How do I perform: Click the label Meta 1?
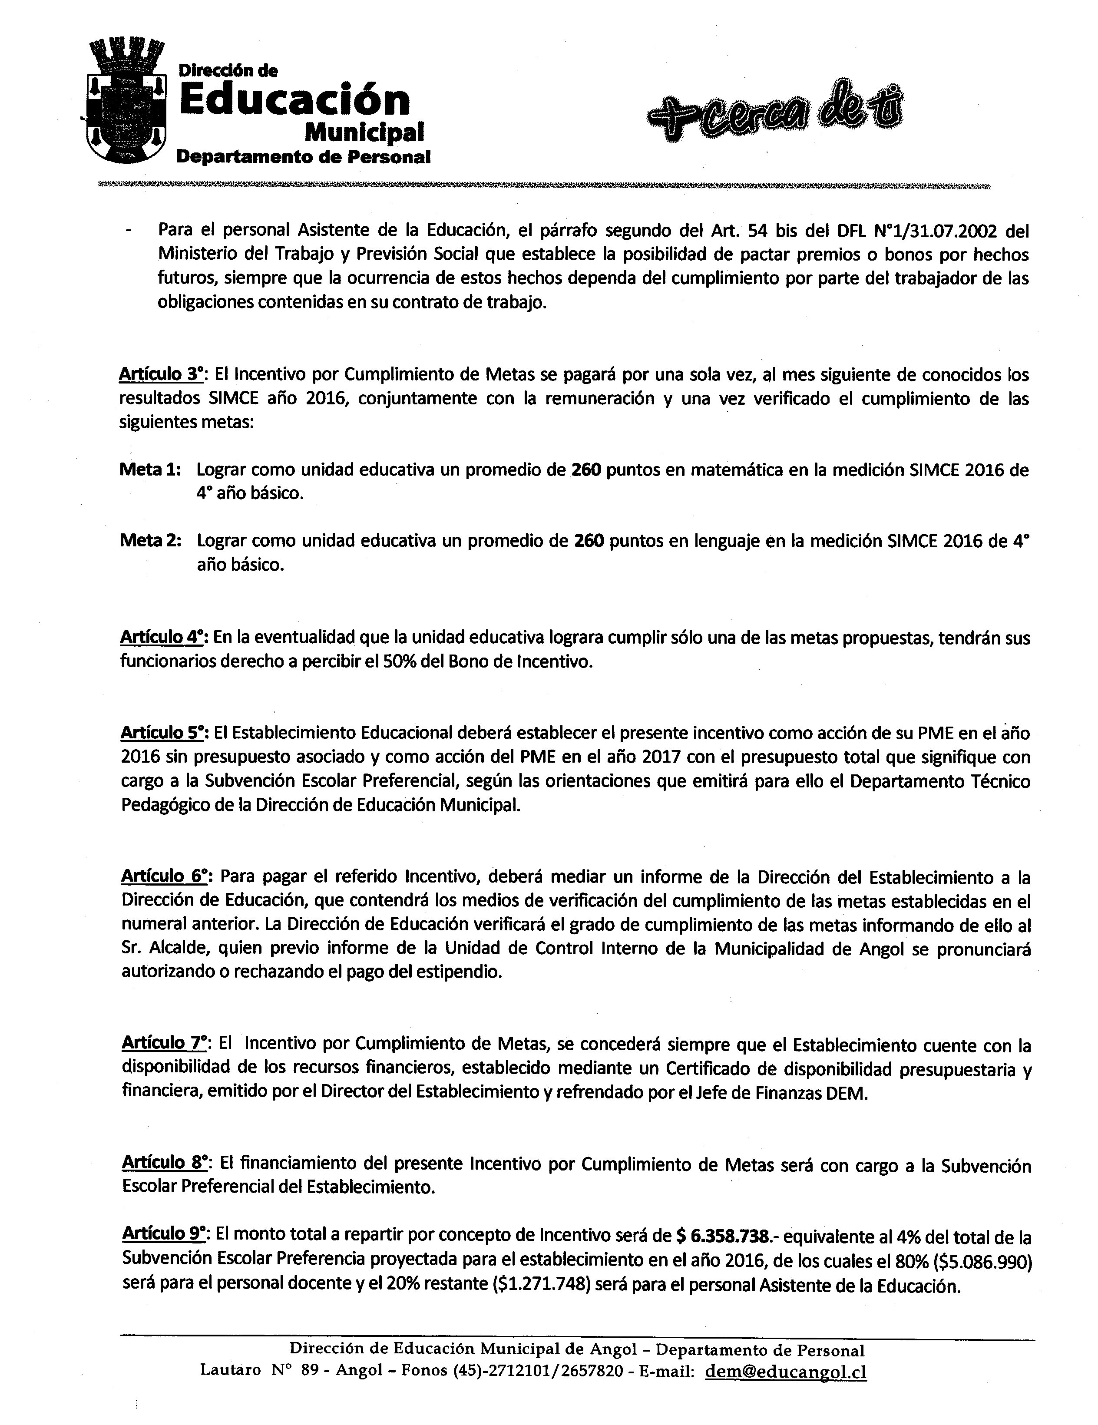tap(150, 470)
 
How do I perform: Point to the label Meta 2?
tap(150, 541)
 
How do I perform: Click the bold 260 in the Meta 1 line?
tap(586, 470)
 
